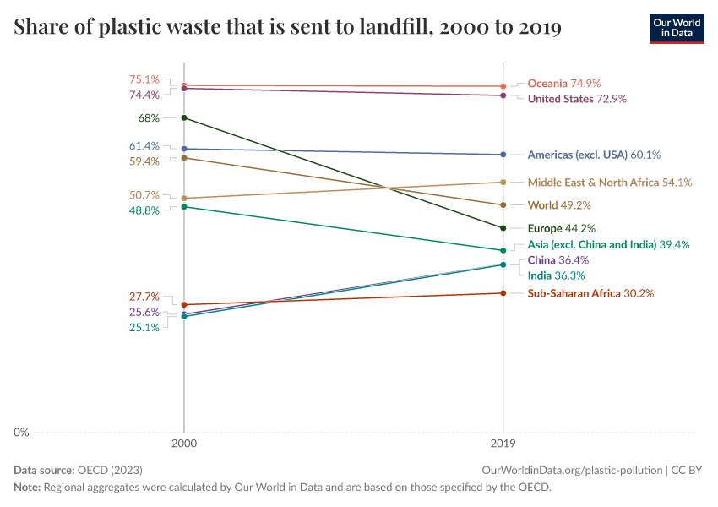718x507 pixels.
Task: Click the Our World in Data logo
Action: click(676, 28)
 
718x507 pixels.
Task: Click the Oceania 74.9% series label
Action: click(563, 84)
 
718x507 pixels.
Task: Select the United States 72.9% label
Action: click(577, 99)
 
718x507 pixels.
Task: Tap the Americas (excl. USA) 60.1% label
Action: click(593, 155)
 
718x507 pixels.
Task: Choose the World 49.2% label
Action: click(558, 204)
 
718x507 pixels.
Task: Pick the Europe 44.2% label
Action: click(562, 228)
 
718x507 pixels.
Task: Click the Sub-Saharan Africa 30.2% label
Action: click(590, 293)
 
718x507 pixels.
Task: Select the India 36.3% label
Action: click(556, 275)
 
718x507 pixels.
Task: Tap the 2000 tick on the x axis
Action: click(184, 443)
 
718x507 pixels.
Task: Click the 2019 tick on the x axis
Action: click(503, 443)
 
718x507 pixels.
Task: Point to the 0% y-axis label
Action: click(21, 433)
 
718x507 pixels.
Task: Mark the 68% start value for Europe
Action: click(149, 118)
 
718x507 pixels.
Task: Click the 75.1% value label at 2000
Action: click(144, 79)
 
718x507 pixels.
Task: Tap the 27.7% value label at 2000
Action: click(144, 297)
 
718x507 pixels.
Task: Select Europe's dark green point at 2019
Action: click(503, 228)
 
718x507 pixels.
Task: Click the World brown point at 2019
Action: click(503, 204)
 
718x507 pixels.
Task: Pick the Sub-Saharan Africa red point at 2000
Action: click(184, 304)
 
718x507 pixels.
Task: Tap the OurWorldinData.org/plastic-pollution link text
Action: click(570, 470)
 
